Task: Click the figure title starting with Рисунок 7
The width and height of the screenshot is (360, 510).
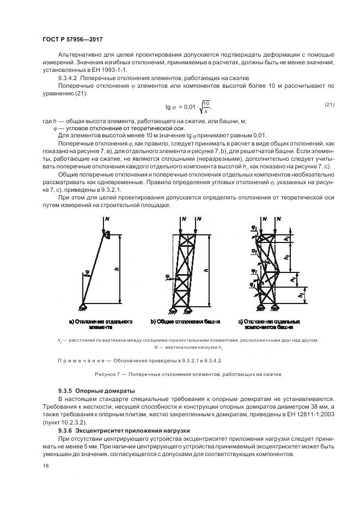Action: click(180, 375)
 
